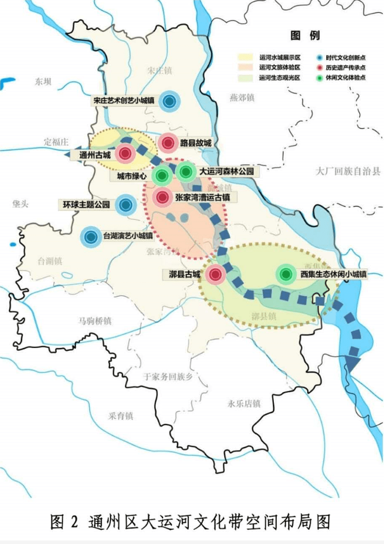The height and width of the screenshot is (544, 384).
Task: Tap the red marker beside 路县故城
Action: (x=168, y=143)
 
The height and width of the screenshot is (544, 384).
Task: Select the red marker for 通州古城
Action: (x=125, y=154)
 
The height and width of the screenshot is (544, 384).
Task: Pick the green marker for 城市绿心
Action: (x=161, y=175)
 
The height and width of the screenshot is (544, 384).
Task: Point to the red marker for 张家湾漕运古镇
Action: (x=161, y=197)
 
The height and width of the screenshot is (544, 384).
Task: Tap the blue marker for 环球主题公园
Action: (x=125, y=204)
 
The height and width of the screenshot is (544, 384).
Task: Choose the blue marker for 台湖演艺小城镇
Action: (x=91, y=237)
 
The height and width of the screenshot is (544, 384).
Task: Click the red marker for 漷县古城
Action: (x=215, y=274)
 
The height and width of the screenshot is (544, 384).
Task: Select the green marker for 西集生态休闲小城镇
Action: (x=286, y=273)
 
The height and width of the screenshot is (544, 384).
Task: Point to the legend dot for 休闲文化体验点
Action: (x=320, y=78)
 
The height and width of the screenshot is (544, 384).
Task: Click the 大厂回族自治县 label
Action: (x=348, y=172)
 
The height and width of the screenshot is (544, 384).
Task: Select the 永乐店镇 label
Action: (x=244, y=404)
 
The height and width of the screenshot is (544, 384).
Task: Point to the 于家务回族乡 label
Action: (x=168, y=376)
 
